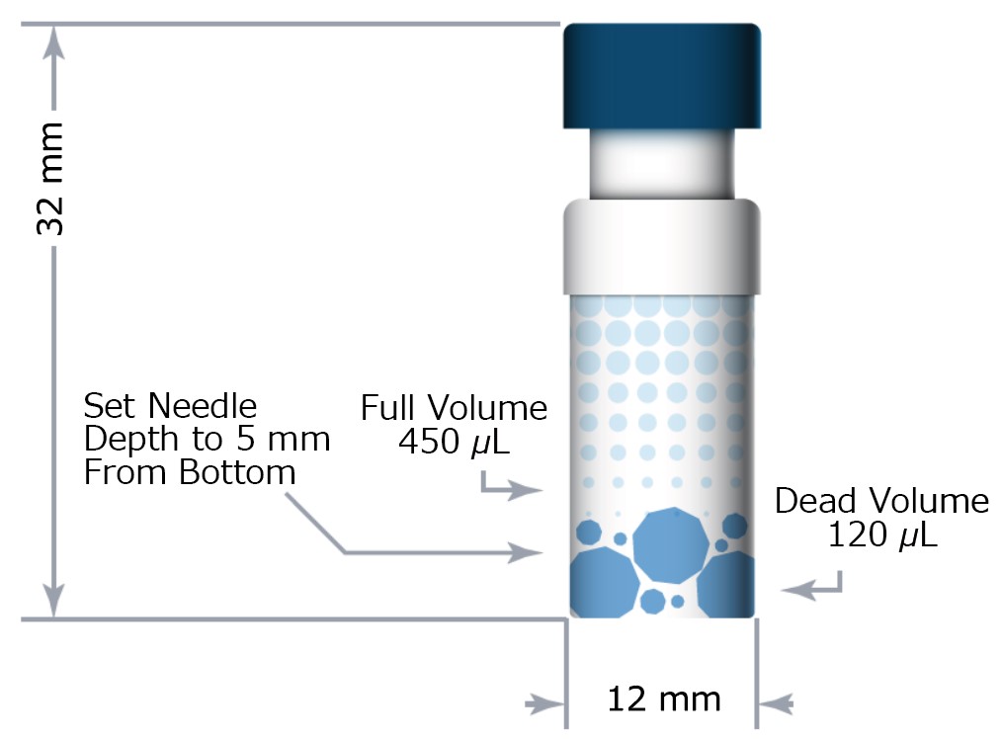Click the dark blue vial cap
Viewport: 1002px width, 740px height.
click(662, 76)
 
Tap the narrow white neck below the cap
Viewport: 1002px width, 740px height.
click(662, 164)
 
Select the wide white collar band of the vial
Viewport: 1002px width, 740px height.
click(662, 247)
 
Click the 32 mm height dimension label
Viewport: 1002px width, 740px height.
click(50, 178)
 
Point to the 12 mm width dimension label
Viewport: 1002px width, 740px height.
click(664, 699)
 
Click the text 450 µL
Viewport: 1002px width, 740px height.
click(455, 442)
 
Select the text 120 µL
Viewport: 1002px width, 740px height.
click(882, 534)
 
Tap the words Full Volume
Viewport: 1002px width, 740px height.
click(454, 408)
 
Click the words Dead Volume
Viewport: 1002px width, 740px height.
click(881, 501)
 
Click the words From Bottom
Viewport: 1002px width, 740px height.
click(190, 473)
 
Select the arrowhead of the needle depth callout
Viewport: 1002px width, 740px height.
click(526, 551)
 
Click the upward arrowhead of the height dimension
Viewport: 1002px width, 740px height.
click(54, 43)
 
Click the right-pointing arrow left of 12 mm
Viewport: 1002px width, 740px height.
click(544, 704)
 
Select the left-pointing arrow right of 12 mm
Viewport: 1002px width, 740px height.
click(776, 704)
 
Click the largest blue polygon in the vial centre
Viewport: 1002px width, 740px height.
click(671, 545)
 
